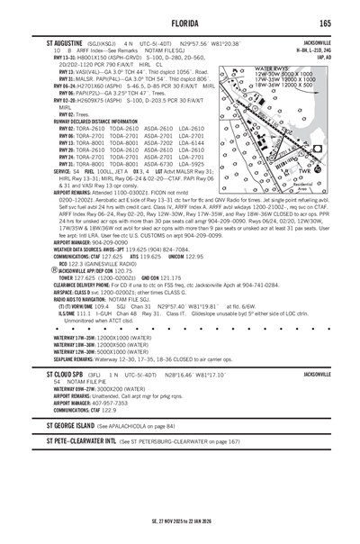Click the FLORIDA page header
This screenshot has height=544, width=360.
pyautogui.click(x=180, y=24)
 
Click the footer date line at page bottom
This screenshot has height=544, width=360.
pyautogui.click(x=180, y=524)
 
